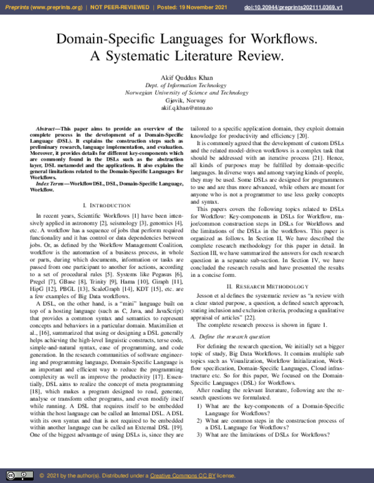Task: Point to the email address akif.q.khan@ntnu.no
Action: [x=186, y=108]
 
